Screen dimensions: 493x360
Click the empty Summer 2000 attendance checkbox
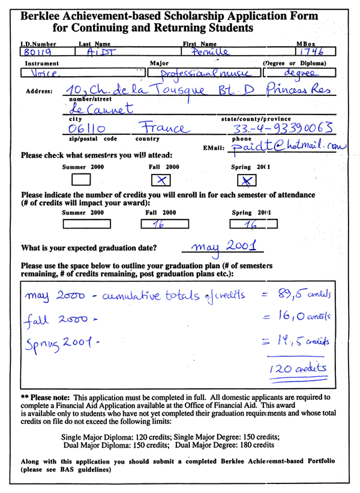[x=81, y=179]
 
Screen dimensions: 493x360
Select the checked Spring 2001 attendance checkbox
[x=248, y=179]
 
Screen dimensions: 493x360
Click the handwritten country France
[x=163, y=128]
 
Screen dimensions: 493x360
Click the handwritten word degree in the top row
[x=296, y=73]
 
